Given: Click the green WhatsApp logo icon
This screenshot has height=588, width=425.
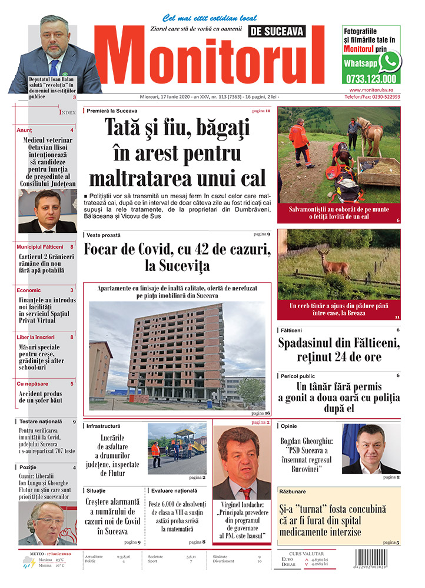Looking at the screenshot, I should (x=389, y=61).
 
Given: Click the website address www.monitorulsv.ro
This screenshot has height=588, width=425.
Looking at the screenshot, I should (x=371, y=89).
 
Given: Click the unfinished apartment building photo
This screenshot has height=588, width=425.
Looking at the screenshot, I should (x=177, y=356).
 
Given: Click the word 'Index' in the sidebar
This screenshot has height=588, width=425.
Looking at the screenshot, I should (x=67, y=111).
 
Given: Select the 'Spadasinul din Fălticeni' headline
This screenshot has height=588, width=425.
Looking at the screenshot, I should (x=339, y=349).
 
